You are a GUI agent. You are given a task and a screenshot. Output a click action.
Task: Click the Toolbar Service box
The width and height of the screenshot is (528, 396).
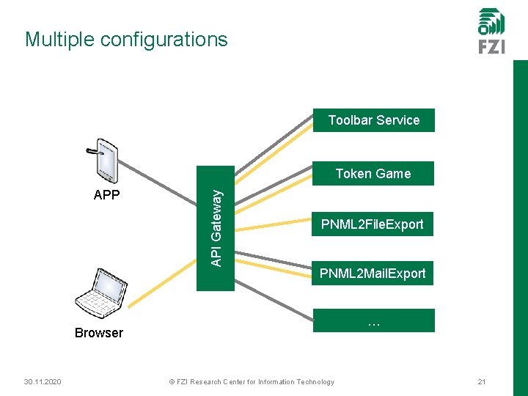pos(374,120)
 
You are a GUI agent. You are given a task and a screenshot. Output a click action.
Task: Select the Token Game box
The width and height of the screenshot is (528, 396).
pos(373,173)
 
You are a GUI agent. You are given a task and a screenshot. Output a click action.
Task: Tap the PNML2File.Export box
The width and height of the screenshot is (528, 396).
pos(373,224)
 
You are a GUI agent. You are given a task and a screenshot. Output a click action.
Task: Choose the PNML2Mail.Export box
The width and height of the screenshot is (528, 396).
pos(373,274)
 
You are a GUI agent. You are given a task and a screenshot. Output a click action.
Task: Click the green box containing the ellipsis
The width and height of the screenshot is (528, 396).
pos(374,321)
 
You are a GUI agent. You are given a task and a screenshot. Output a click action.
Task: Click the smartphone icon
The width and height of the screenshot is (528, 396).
pos(104,160)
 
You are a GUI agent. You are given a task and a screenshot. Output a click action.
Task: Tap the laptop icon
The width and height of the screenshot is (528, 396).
pos(98,295)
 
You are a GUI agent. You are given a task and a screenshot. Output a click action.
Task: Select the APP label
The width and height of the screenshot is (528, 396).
pos(107,196)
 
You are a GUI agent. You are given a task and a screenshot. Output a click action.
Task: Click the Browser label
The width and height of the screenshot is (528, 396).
pos(99,333)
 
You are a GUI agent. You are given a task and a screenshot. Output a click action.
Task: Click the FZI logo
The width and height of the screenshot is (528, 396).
pos(491,31)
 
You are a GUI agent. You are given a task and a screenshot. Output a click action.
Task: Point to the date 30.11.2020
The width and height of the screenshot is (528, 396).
pos(42,382)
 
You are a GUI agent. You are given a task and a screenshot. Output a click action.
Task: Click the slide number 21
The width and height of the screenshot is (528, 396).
pos(482,382)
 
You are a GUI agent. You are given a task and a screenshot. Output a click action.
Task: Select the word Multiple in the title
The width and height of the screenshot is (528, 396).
pos(59,40)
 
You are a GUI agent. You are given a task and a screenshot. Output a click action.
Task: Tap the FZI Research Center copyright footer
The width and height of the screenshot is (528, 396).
pos(252,382)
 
